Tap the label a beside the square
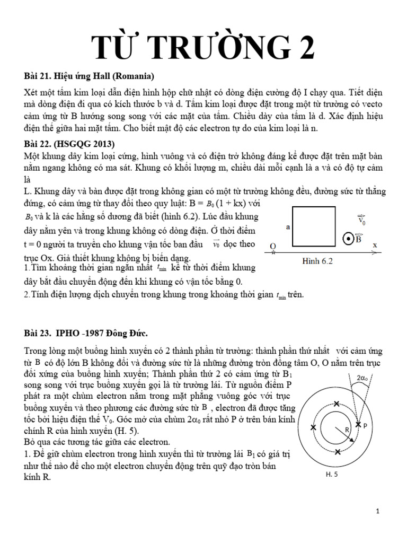tap(288, 226)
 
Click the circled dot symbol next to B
tap(349, 239)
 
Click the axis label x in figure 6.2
tap(374, 246)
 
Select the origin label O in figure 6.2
tap(272, 247)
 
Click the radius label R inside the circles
tap(348, 430)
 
